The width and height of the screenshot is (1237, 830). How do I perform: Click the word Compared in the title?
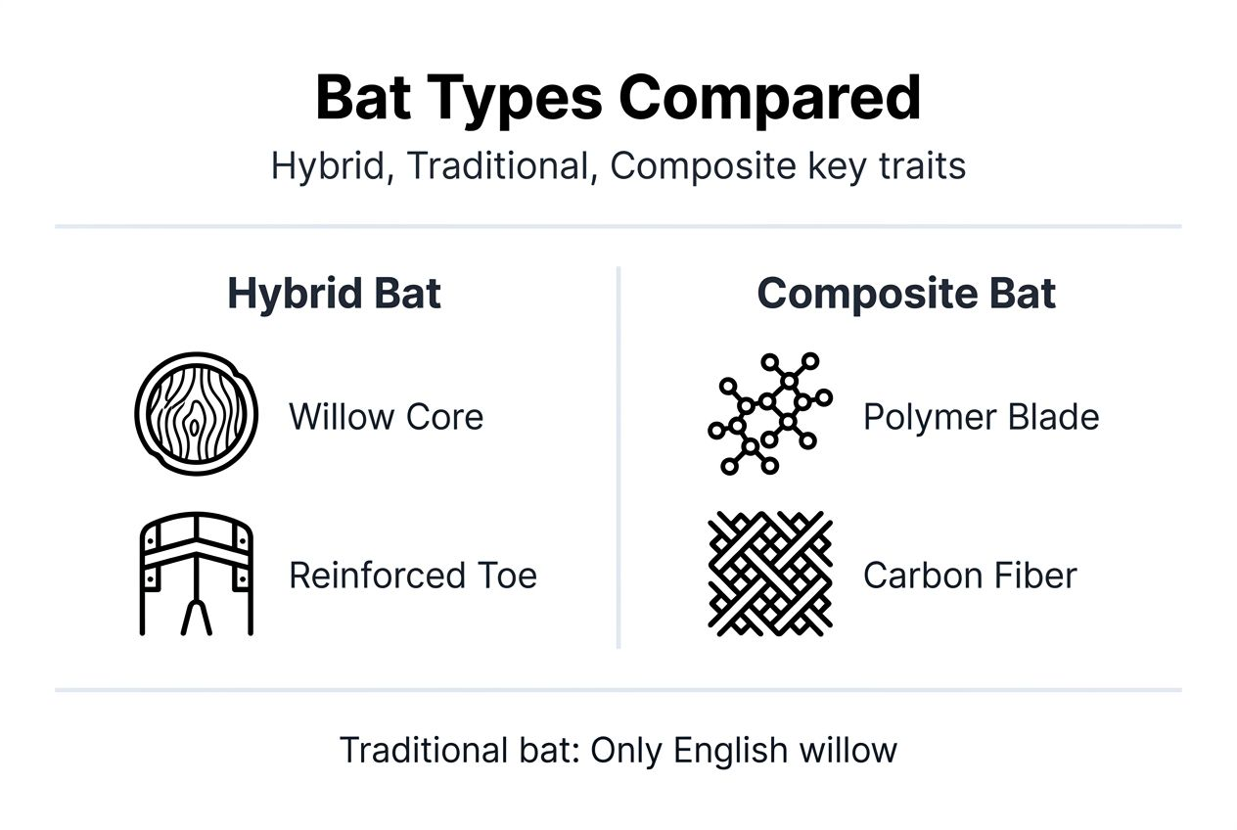coord(769,99)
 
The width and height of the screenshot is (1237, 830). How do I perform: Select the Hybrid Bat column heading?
coord(334,294)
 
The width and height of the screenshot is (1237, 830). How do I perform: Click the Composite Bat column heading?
coord(906,294)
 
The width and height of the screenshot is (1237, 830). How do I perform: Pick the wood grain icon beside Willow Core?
coord(196,415)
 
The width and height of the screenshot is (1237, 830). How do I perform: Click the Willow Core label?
coord(386,417)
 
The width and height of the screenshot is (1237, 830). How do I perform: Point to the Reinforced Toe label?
coord(412,575)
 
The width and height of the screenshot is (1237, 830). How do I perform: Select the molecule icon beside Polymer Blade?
coord(769,415)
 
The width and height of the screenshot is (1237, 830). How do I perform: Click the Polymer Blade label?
coord(981,417)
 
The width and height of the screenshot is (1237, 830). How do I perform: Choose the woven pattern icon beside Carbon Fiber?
coord(769,573)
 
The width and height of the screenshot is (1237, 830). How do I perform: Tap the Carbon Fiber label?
coord(969,575)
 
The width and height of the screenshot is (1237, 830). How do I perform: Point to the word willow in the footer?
coord(848,751)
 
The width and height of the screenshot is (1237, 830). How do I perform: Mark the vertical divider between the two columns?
coord(618,456)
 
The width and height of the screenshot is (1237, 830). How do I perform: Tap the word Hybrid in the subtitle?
coord(328,166)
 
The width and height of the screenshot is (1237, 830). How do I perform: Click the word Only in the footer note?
coord(626,751)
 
